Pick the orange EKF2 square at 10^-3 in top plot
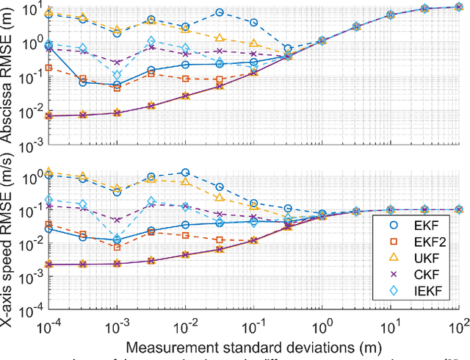pyautogui.click(x=117, y=87)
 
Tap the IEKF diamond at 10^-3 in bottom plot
pyautogui.click(x=117, y=235)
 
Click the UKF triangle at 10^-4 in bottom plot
pyautogui.click(x=48, y=172)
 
